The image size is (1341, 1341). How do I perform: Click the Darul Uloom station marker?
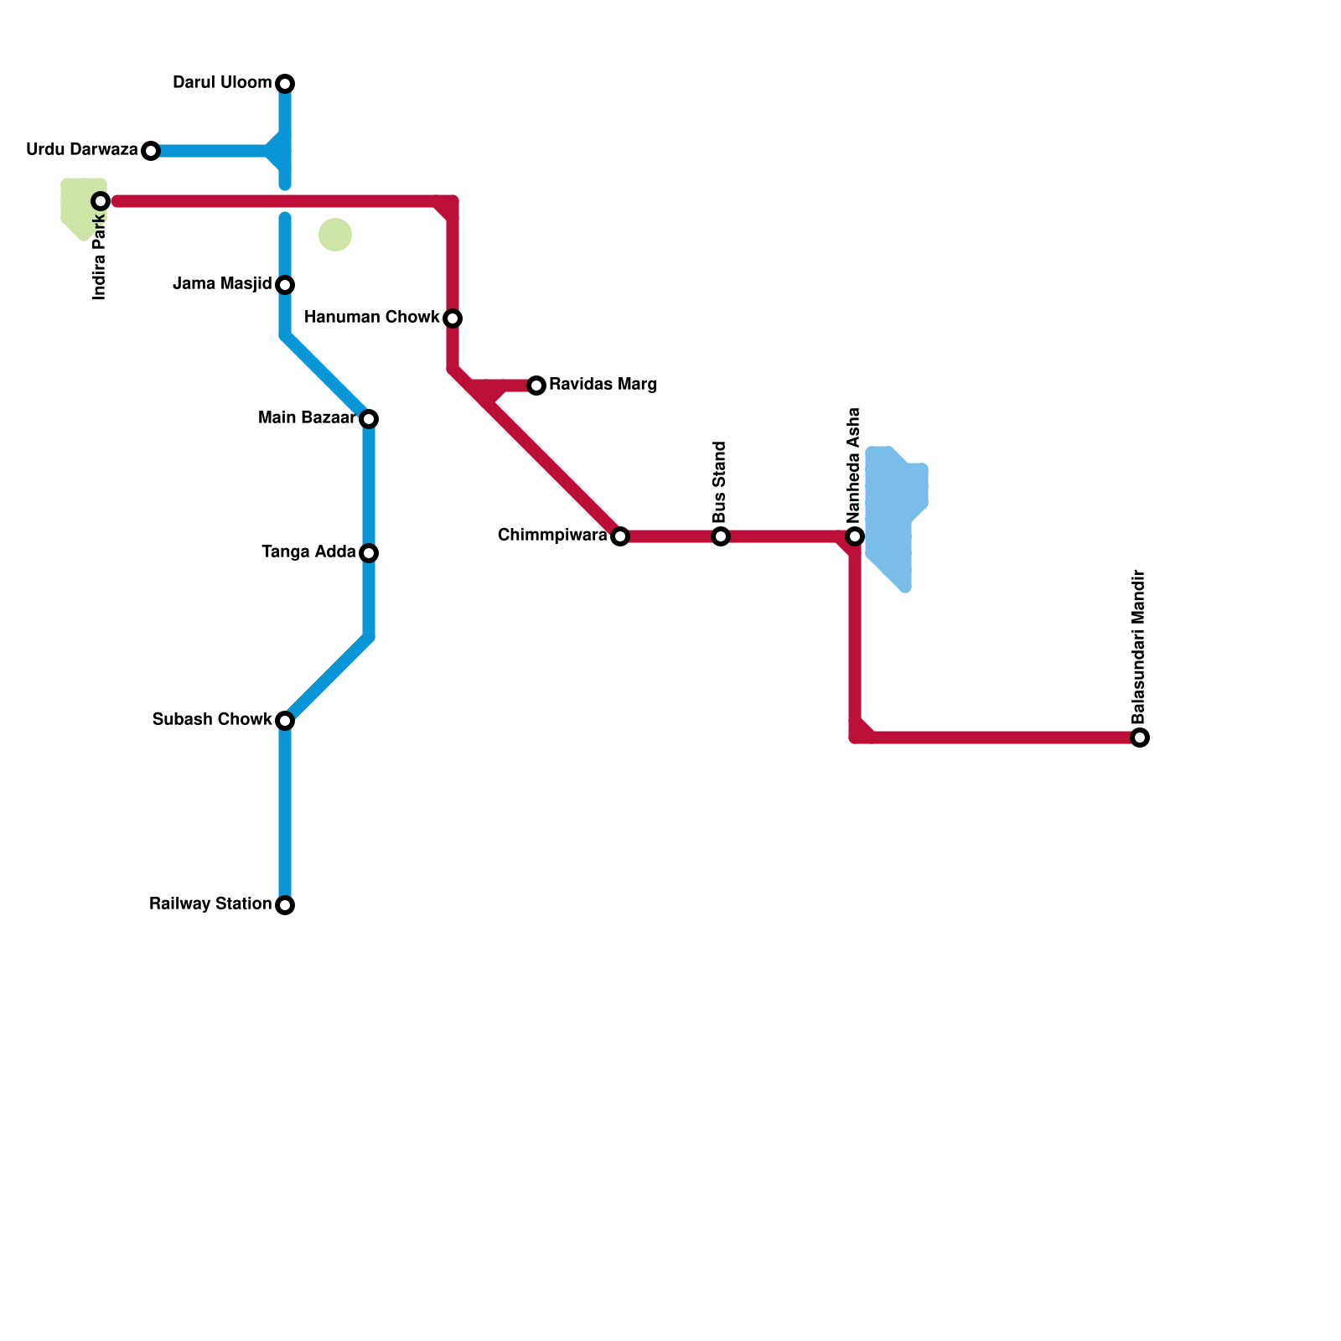285,84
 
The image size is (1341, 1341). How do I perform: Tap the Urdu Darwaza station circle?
151,151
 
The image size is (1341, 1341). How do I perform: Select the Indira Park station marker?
101,201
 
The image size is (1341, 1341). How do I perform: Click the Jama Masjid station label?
222,284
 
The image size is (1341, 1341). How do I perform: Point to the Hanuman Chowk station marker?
453,318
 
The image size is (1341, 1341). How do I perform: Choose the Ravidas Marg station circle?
536,386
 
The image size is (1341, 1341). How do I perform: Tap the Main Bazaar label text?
308,418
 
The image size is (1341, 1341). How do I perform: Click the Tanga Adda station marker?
369,553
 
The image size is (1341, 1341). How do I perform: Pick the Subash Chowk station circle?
285,721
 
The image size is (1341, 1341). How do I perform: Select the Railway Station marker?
285,905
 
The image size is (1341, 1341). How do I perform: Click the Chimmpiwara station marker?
620,536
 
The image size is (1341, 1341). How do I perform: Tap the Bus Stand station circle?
721,536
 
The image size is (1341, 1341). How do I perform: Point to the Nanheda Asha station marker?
855,536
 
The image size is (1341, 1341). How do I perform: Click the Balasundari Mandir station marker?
1140,738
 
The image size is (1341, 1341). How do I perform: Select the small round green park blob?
335,235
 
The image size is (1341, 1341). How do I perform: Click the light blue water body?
893,511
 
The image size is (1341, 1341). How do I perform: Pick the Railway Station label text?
210,904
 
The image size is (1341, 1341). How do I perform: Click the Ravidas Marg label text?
603,385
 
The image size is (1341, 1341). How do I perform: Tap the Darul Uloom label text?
222,83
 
